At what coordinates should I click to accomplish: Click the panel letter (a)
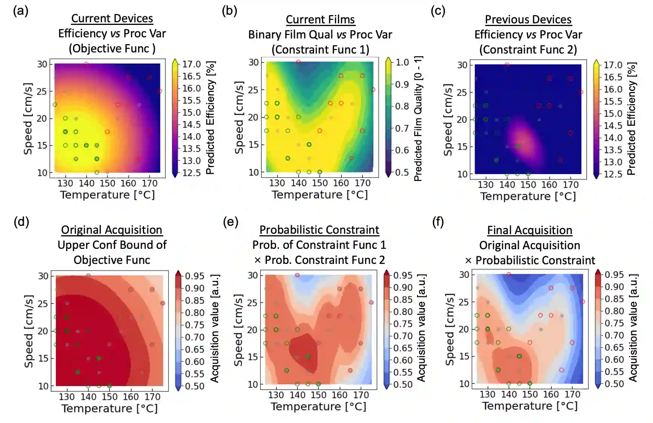pos(20,11)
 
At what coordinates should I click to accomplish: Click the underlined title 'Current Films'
pos(320,19)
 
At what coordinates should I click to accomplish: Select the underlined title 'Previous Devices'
pos(528,19)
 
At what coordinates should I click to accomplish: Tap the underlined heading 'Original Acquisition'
pos(112,230)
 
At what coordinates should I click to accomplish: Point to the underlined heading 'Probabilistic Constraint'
pos(319,230)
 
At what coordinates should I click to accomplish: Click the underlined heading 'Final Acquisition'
pos(529,230)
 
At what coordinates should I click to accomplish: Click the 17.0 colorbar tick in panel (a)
pos(192,64)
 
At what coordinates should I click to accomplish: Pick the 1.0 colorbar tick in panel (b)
pos(402,62)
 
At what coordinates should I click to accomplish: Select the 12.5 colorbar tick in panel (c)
pos(613,174)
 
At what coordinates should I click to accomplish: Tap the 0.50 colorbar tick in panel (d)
pos(195,386)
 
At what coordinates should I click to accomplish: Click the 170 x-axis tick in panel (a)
pos(149,184)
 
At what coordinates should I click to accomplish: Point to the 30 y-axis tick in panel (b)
pos(254,62)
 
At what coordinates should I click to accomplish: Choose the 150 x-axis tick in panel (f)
pos(530,394)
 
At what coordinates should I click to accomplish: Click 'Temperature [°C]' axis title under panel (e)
pos(318,406)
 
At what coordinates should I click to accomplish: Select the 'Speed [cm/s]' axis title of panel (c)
pos(448,120)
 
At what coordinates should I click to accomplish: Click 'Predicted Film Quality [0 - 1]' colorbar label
pos(418,119)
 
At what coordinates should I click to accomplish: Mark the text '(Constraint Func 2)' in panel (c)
pos(528,49)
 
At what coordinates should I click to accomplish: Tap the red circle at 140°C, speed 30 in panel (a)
pos(86,64)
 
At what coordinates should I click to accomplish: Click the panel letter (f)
pos(438,222)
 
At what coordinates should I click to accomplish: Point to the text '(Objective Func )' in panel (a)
pos(112,48)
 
